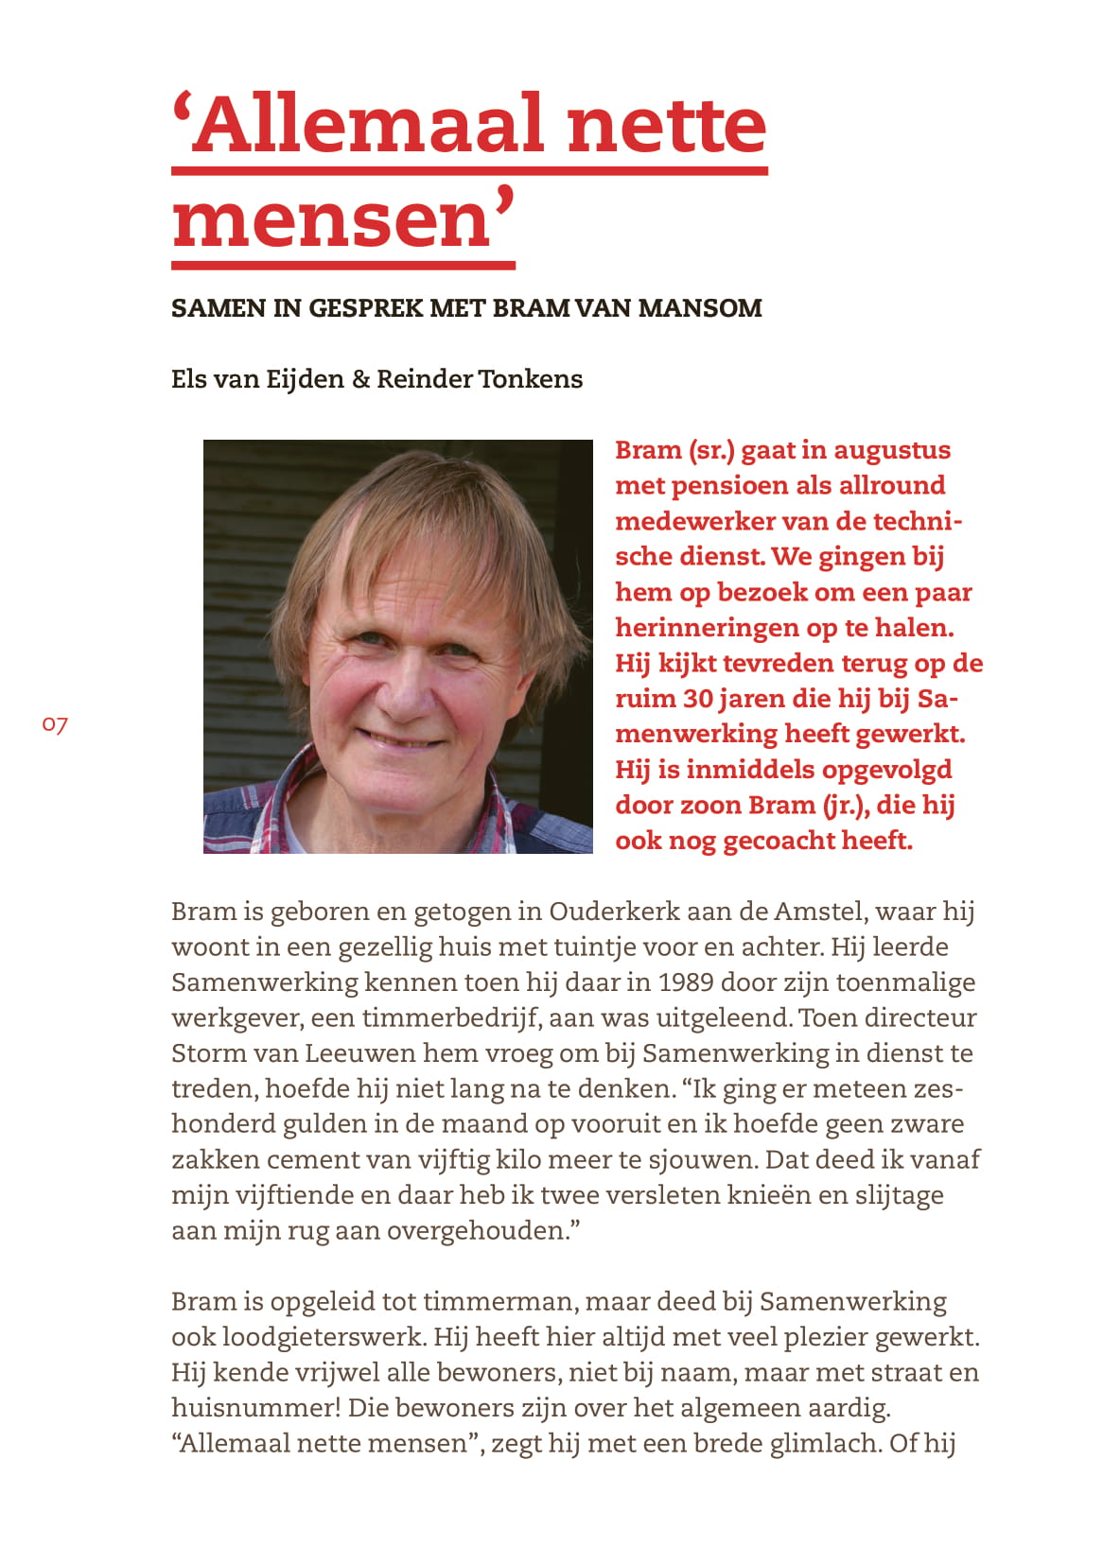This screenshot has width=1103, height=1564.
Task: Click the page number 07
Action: pos(55,725)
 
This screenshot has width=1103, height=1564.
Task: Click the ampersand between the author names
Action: pos(360,379)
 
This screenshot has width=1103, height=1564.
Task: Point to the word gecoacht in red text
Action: pos(777,841)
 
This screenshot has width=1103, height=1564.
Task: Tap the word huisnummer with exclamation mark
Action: pos(256,1408)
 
